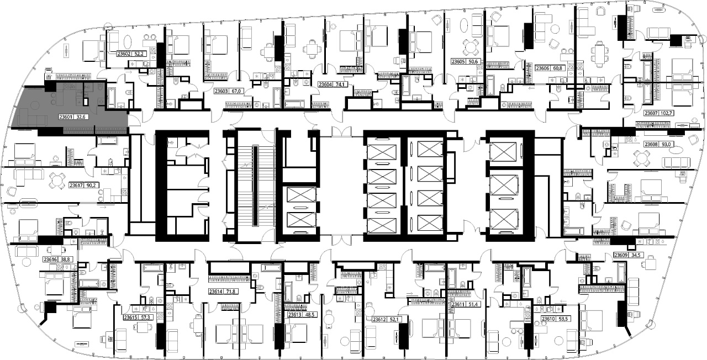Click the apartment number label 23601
tap(66, 117)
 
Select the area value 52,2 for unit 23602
tap(139, 54)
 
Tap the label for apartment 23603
tap(221, 91)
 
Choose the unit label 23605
tap(458, 62)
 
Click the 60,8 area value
tap(557, 68)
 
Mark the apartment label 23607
tap(651, 113)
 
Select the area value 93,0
tap(666, 144)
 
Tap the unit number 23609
tap(620, 255)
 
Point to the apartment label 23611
tap(458, 304)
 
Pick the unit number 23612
tap(379, 319)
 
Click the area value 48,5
tap(310, 315)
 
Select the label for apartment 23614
tap(215, 292)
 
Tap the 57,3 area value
tap(145, 317)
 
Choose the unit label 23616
tap(50, 260)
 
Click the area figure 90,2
tap(91, 185)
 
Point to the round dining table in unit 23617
tap(56, 181)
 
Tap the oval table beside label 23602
tap(128, 41)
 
